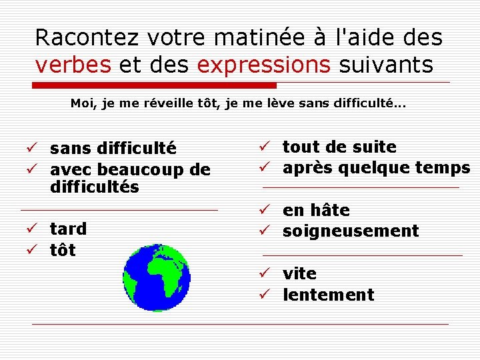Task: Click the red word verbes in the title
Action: [74, 65]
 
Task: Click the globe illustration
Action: [157, 278]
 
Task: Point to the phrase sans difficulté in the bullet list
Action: [113, 148]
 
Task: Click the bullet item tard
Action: [68, 229]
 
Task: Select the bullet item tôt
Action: [63, 251]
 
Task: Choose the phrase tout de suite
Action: [339, 147]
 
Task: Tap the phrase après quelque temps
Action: [376, 168]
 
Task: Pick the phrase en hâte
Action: [316, 211]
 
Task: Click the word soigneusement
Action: [351, 231]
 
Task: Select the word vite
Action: [299, 273]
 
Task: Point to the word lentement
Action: [328, 295]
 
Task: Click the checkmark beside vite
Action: [264, 273]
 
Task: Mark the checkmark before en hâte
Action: [264, 211]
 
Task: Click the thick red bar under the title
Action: [155, 85]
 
